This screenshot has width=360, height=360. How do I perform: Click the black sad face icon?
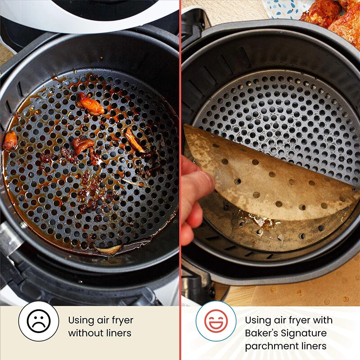pyautogui.click(x=39, y=321)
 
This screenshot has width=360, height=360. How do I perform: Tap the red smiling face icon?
pyautogui.click(x=216, y=321)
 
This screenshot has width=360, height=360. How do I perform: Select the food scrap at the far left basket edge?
pyautogui.click(x=10, y=140)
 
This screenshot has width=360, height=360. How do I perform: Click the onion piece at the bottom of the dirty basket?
pyautogui.click(x=108, y=249)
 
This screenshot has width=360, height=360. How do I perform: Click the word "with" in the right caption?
pyautogui.click(x=323, y=320)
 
